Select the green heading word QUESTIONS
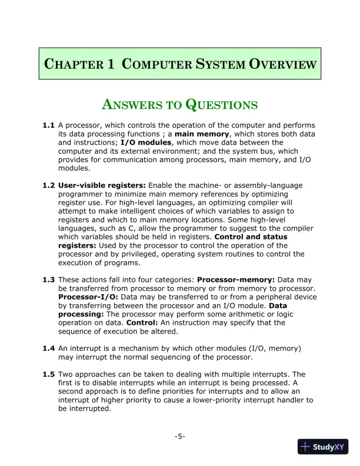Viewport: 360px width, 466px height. pos(222,105)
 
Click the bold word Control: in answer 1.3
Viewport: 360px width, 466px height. pos(141,323)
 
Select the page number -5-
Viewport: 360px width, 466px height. pos(180,436)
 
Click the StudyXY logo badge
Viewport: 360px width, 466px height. pos(323,447)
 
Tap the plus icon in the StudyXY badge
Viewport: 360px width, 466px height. pos(305,447)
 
